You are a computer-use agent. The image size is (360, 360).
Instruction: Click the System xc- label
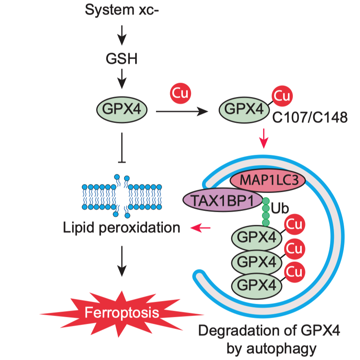(x=122, y=10)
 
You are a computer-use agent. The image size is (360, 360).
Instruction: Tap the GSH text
(x=122, y=59)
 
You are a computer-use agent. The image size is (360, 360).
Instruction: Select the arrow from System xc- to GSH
(x=122, y=35)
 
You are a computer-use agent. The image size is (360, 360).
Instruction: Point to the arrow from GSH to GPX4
(x=122, y=79)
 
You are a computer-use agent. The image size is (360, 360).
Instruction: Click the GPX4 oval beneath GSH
(x=122, y=109)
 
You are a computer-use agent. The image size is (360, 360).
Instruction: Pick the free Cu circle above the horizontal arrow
(x=180, y=93)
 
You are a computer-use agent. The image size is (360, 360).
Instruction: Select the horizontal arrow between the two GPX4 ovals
(x=182, y=112)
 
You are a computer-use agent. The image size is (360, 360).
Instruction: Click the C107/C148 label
(x=310, y=118)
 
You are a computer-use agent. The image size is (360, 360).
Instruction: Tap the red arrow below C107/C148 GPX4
(x=264, y=138)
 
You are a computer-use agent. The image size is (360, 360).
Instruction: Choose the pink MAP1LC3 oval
(x=268, y=180)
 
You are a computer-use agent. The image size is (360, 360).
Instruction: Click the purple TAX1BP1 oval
(x=223, y=200)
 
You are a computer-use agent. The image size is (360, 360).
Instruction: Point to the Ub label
(x=280, y=209)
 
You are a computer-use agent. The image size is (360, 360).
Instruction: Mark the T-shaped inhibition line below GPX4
(x=122, y=148)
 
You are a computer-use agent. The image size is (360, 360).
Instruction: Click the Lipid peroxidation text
(x=121, y=228)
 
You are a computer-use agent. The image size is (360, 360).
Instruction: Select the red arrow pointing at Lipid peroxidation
(x=200, y=228)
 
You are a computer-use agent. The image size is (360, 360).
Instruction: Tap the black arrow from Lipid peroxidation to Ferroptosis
(x=122, y=261)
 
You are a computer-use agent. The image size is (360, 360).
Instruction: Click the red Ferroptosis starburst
(x=122, y=314)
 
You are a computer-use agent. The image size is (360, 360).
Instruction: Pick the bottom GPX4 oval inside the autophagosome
(x=257, y=285)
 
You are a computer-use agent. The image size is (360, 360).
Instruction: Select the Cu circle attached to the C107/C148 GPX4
(x=282, y=96)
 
